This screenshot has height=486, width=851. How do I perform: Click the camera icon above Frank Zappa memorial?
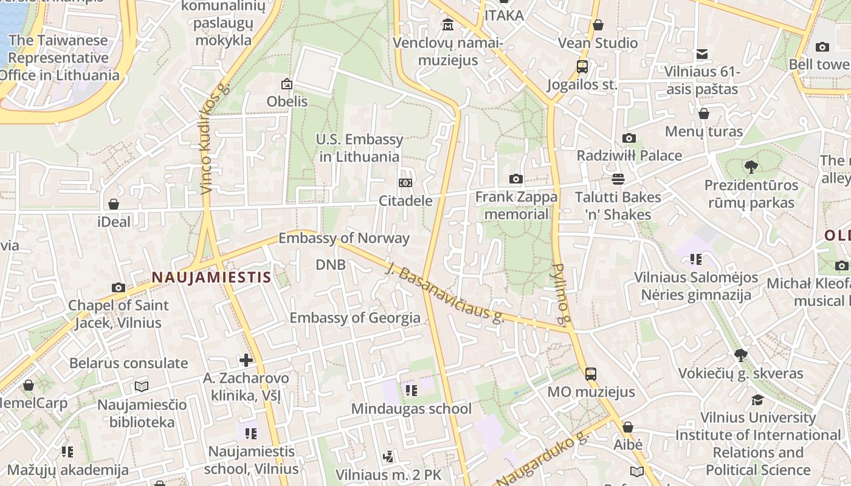[x=516, y=179]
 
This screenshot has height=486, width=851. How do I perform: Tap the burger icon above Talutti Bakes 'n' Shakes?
[x=618, y=179]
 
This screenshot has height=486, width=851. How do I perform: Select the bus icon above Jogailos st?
[x=582, y=67]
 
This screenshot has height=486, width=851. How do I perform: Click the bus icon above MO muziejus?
[x=590, y=374]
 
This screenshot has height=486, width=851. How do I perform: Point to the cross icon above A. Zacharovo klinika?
[x=246, y=360]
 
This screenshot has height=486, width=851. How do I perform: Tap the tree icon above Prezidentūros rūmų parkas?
[x=751, y=166]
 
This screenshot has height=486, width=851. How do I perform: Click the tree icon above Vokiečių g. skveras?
[x=740, y=355]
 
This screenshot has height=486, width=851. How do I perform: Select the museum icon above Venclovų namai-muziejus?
[x=448, y=25]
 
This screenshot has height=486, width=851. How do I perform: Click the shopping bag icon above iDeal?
[x=114, y=204]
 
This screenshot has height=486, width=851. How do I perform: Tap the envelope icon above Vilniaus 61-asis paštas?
[x=702, y=54]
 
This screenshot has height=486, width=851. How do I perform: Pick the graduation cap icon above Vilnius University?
[x=757, y=400]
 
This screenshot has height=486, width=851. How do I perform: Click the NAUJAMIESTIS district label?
[x=211, y=278]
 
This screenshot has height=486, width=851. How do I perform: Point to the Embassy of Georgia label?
[x=355, y=318]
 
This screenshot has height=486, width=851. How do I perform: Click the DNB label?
[x=331, y=264]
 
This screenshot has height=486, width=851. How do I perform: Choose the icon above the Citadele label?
[x=405, y=183]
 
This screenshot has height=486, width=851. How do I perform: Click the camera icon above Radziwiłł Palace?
[x=629, y=139]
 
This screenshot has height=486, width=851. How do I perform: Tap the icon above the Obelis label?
[x=287, y=84]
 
